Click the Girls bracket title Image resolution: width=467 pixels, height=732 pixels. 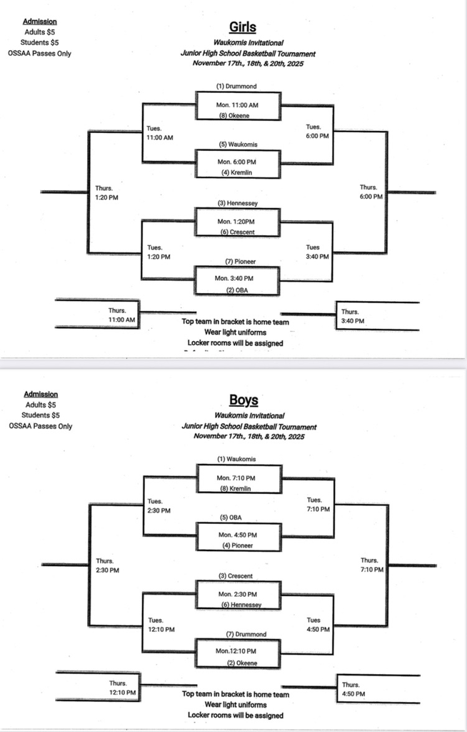click(242, 27)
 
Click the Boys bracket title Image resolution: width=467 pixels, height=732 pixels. click(243, 400)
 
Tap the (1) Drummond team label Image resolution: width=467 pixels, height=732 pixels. click(237, 86)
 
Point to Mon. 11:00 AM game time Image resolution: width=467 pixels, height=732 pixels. click(238, 104)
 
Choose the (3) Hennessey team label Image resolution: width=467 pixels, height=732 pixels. click(238, 204)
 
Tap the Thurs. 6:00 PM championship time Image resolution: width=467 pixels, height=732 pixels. click(371, 192)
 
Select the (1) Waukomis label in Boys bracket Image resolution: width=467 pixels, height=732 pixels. click(237, 459)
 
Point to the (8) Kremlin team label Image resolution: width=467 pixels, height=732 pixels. click(238, 488)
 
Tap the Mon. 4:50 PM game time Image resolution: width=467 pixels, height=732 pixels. click(238, 534)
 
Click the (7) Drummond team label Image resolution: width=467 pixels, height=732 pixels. click(246, 635)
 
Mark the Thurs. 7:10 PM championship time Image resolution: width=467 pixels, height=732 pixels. click(371, 565)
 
